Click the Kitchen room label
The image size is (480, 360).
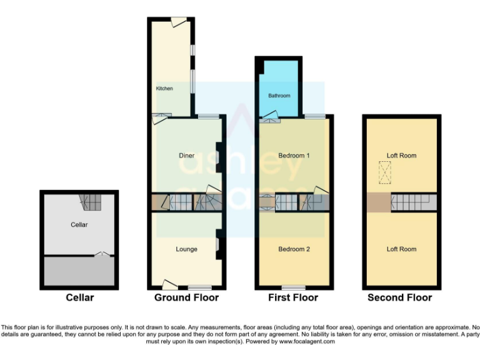click(164, 89)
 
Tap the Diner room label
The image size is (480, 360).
click(186, 156)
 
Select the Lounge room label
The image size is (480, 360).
click(186, 249)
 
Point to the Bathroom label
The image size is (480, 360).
click(279, 96)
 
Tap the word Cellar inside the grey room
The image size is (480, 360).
click(79, 224)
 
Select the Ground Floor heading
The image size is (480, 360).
click(186, 297)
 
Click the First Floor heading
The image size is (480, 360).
click(293, 297)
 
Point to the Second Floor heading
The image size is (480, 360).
click(399, 297)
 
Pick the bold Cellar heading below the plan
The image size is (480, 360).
click(79, 297)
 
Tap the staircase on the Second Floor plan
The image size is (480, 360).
click(412, 202)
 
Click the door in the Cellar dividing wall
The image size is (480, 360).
click(101, 254)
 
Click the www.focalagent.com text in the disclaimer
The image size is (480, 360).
click(306, 342)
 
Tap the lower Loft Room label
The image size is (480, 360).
click(401, 249)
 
